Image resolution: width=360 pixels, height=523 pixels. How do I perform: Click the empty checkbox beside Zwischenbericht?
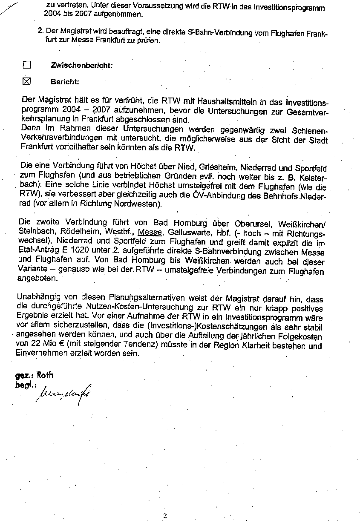point(27,65)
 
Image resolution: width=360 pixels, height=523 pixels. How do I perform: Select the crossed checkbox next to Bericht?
point(27,81)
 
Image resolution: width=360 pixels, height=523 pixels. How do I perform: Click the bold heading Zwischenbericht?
point(81,66)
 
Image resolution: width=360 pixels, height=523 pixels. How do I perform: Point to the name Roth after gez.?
point(45,375)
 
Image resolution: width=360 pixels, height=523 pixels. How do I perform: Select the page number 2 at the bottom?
point(164,516)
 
